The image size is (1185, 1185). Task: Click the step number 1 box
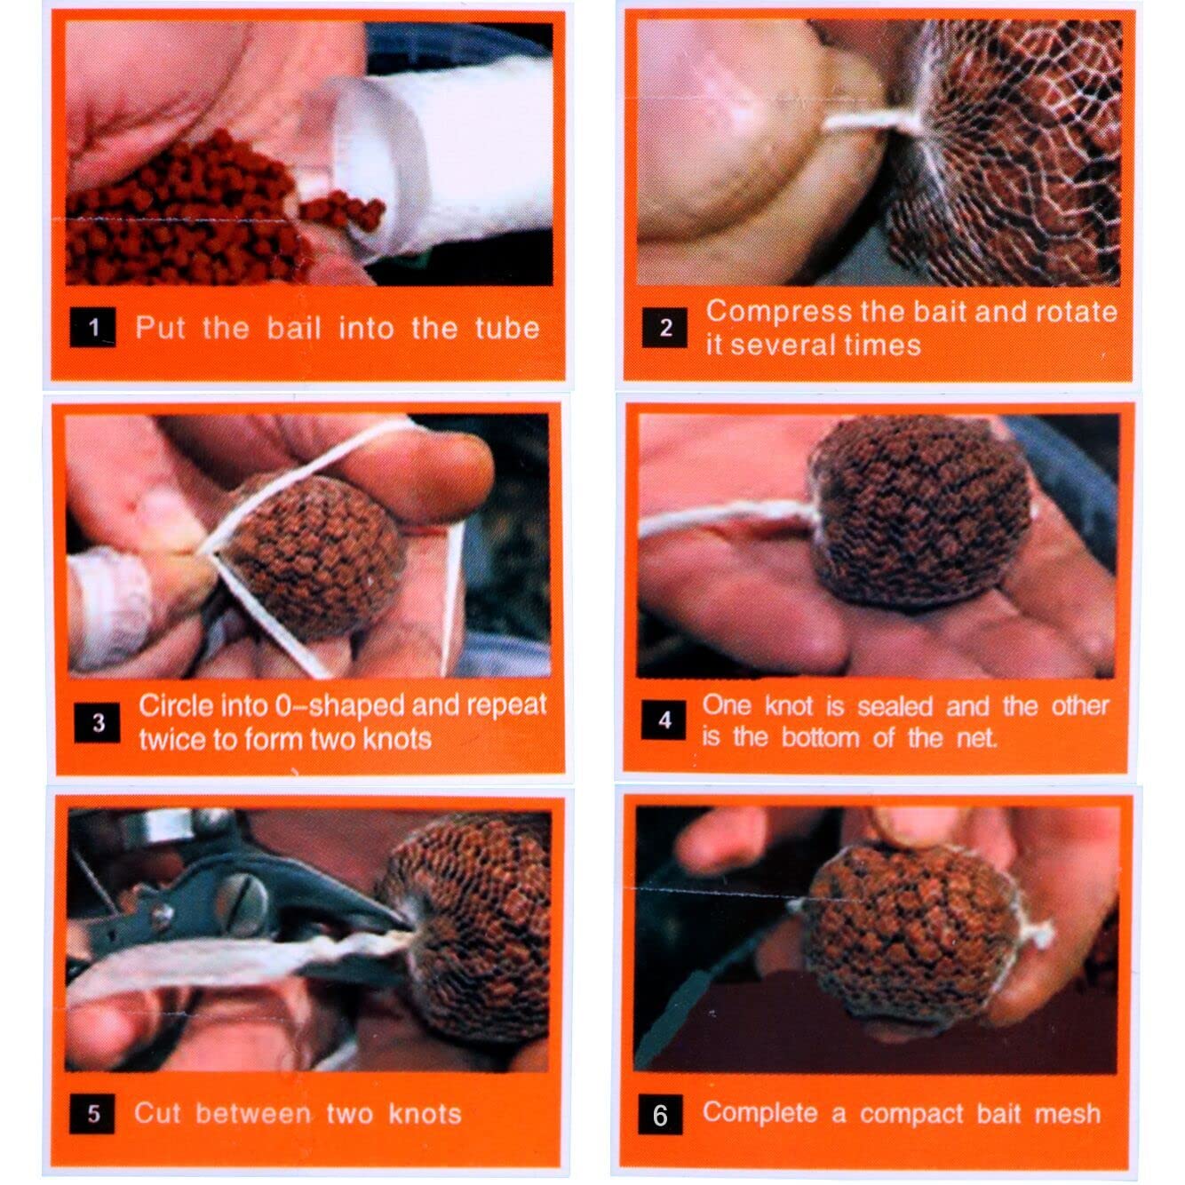(92, 327)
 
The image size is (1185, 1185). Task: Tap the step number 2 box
(664, 328)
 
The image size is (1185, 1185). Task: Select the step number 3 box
(97, 722)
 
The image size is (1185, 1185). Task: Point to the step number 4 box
(664, 720)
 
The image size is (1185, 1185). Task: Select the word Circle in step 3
(175, 706)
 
